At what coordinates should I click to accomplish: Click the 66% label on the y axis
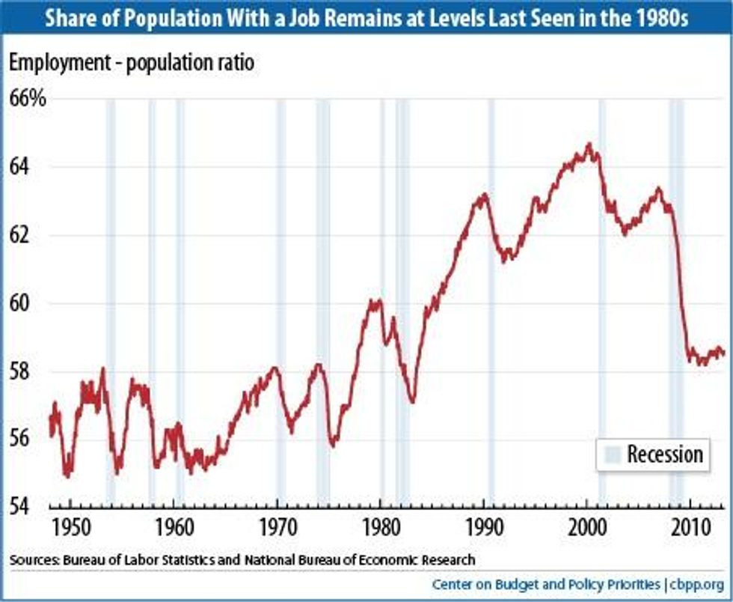pos(28,98)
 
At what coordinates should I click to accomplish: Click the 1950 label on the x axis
pos(70,523)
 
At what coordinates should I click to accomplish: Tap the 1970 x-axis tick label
pos(277,523)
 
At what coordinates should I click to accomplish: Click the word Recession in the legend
pos(664,454)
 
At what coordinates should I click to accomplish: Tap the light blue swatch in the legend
pos(613,454)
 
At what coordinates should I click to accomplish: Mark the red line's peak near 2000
pos(589,144)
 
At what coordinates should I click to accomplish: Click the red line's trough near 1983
pos(412,402)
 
